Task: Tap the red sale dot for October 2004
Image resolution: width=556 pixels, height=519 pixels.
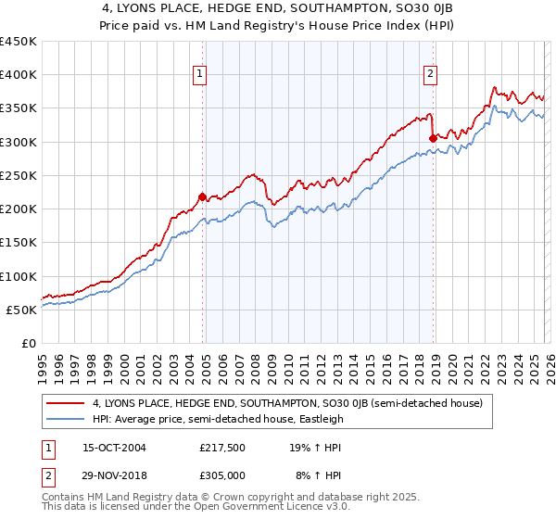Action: pos(202,196)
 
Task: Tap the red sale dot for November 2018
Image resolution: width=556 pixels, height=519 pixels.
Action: pos(433,138)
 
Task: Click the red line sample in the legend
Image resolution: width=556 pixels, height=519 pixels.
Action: pos(66,403)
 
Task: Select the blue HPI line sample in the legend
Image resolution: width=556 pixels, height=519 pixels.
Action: pos(66,419)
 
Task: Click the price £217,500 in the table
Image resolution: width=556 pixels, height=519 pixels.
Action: pos(221,447)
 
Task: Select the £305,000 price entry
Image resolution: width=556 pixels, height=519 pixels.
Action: pos(221,475)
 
